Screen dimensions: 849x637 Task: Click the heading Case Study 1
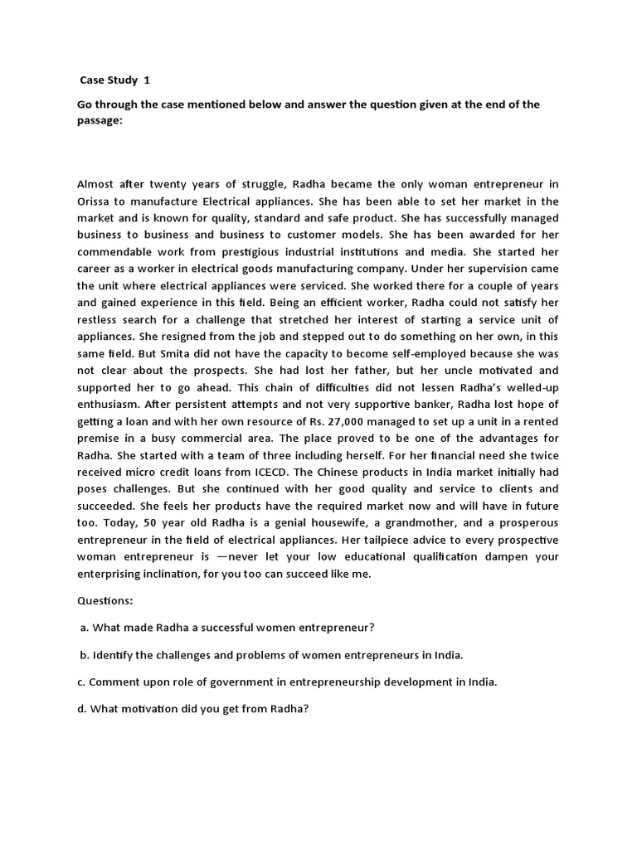coord(115,80)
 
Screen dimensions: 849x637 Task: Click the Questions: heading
coord(105,599)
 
